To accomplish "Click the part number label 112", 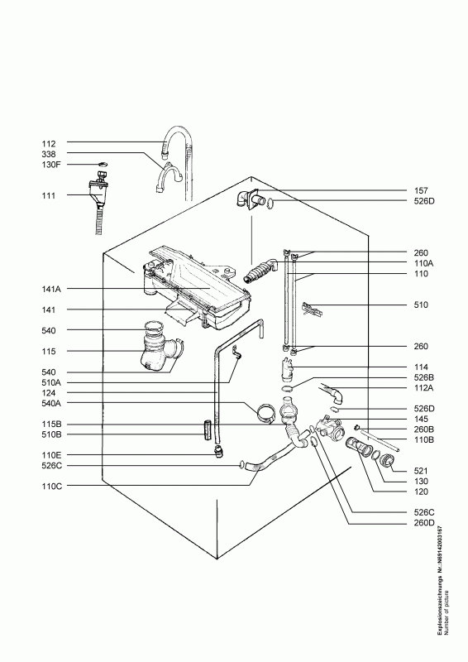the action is pyautogui.click(x=49, y=143).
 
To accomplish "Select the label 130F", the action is pyautogui.click(x=51, y=164).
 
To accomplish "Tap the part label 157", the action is pyautogui.click(x=421, y=191).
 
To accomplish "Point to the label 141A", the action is pyautogui.click(x=51, y=289).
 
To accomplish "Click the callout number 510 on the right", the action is pyautogui.click(x=421, y=305).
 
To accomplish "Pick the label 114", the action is pyautogui.click(x=421, y=367).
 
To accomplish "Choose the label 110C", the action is pyautogui.click(x=51, y=486).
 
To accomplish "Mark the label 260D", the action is pyautogui.click(x=424, y=523).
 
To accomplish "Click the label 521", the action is pyautogui.click(x=421, y=471).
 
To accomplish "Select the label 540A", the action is pyautogui.click(x=51, y=403).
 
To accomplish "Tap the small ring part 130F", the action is pyautogui.click(x=102, y=164).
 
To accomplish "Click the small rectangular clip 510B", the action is pyautogui.click(x=207, y=429).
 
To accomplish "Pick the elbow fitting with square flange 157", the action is pyautogui.click(x=252, y=199).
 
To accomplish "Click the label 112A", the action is pyautogui.click(x=424, y=388).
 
